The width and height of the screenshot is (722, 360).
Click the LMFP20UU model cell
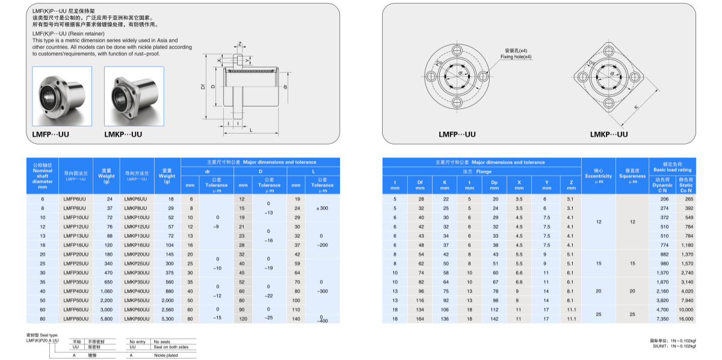tap(75, 254)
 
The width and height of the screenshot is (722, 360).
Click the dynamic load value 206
tap(664, 199)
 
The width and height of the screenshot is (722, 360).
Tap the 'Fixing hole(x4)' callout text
tap(516, 57)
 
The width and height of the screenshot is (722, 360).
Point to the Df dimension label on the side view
tap(203, 87)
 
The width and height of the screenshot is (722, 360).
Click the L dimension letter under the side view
tap(251, 131)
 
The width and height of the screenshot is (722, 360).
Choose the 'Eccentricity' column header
tap(598, 176)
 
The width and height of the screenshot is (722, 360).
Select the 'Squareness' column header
tap(632, 176)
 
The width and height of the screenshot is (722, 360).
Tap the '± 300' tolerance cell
tap(322, 208)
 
